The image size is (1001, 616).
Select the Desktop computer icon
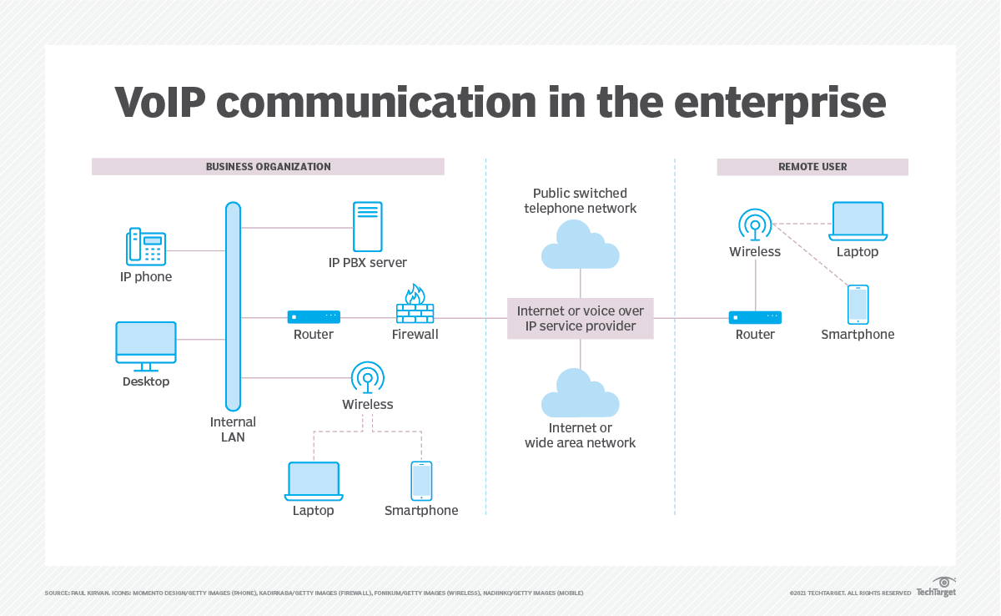146,346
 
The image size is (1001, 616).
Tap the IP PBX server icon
367,226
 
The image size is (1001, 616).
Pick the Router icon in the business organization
314,317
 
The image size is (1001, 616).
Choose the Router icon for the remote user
755,317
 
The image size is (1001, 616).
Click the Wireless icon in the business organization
367,377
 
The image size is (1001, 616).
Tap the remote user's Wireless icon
755,225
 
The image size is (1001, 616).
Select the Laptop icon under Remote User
858,221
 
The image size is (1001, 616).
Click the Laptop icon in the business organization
314,481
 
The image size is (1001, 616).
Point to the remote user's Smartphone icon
858,305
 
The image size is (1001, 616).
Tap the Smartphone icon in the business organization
421,481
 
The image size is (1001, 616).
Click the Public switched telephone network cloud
581,244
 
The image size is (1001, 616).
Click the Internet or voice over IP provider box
581,318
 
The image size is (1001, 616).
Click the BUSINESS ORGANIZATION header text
268,167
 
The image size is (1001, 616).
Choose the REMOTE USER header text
812,167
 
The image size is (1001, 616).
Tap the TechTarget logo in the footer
936,588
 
